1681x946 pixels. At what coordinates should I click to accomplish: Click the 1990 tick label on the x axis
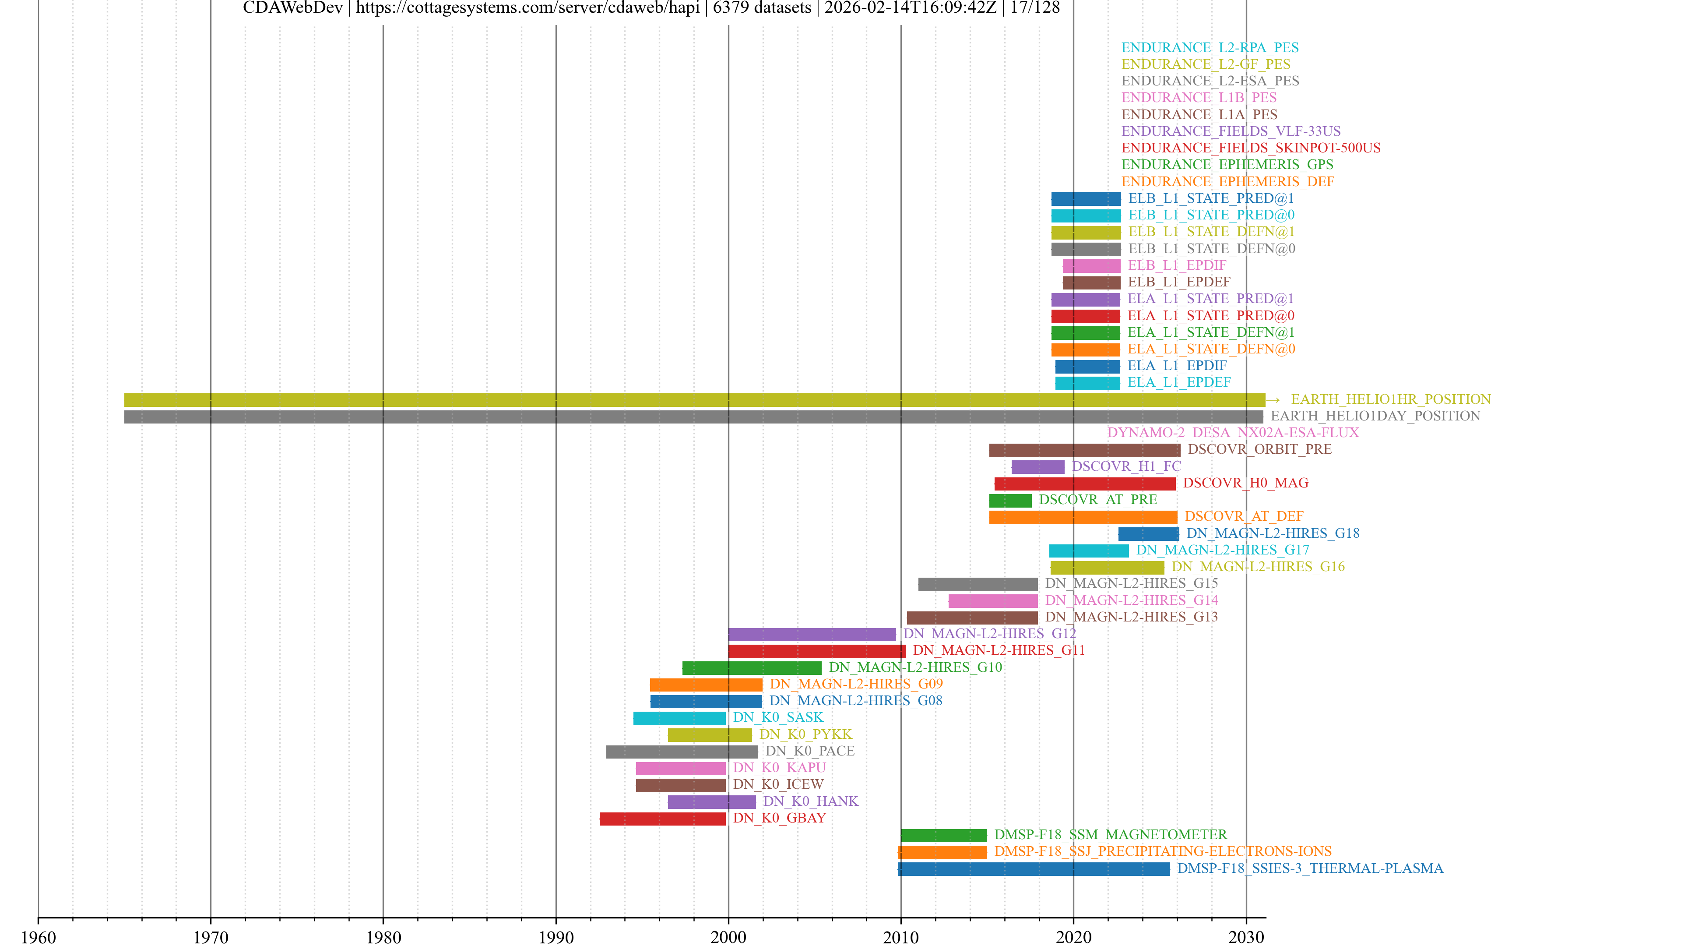(x=556, y=937)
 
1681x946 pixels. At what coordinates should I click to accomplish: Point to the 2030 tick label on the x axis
(x=1246, y=937)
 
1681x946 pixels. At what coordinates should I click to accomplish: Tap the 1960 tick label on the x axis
(x=39, y=937)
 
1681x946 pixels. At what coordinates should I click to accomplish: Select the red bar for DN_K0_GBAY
(x=662, y=819)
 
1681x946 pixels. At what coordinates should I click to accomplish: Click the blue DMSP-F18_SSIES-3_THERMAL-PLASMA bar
(x=1034, y=869)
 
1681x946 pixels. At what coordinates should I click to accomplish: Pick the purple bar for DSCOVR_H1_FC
(x=1037, y=467)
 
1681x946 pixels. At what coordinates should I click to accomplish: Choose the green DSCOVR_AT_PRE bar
(x=1010, y=501)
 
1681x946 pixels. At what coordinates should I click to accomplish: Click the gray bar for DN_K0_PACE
(x=682, y=752)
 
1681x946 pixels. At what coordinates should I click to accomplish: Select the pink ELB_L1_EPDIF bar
(x=1091, y=266)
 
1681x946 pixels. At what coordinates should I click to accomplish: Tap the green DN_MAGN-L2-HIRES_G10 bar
(x=752, y=668)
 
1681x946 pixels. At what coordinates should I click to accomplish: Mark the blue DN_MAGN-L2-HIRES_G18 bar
(x=1149, y=534)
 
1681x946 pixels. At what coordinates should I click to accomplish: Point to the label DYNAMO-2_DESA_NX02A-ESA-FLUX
(x=1233, y=433)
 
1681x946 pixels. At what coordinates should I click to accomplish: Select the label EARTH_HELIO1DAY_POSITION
(x=1375, y=416)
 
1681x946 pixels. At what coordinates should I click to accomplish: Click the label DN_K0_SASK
(x=778, y=717)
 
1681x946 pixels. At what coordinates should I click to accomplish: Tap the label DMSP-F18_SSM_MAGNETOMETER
(x=1110, y=835)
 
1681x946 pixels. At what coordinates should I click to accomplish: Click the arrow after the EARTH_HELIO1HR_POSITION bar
(x=1273, y=399)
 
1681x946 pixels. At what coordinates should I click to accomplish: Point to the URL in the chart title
(x=527, y=8)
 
